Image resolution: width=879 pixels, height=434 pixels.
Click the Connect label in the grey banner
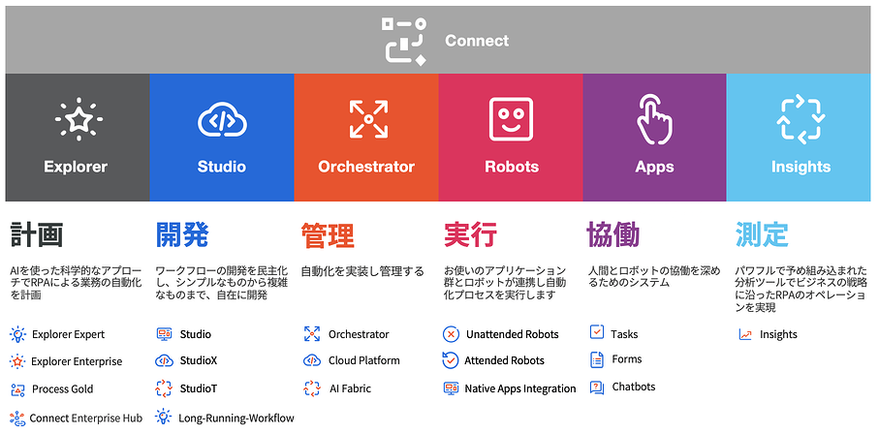477,41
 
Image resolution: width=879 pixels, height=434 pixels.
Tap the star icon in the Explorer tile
78,119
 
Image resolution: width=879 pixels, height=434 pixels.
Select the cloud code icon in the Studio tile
222,119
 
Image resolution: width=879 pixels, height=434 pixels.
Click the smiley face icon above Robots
511,119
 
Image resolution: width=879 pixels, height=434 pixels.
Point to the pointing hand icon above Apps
654,119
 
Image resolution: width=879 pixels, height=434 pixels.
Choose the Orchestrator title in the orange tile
366,167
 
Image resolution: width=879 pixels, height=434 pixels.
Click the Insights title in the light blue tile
801,167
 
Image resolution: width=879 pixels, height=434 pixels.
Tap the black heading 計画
37,234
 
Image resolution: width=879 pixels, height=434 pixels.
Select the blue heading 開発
181,234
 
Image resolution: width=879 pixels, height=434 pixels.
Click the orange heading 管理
328,234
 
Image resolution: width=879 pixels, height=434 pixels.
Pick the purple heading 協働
612,234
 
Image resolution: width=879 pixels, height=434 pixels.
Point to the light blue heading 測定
762,234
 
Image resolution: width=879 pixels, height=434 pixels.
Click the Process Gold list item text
63,389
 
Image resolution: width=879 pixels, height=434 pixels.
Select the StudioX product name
199,360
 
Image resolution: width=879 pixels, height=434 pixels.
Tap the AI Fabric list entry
350,388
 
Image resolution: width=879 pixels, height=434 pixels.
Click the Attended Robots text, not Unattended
505,360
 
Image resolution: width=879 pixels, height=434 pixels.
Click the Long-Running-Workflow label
236,418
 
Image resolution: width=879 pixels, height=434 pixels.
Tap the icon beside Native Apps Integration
451,388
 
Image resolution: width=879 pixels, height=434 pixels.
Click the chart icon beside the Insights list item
745,335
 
